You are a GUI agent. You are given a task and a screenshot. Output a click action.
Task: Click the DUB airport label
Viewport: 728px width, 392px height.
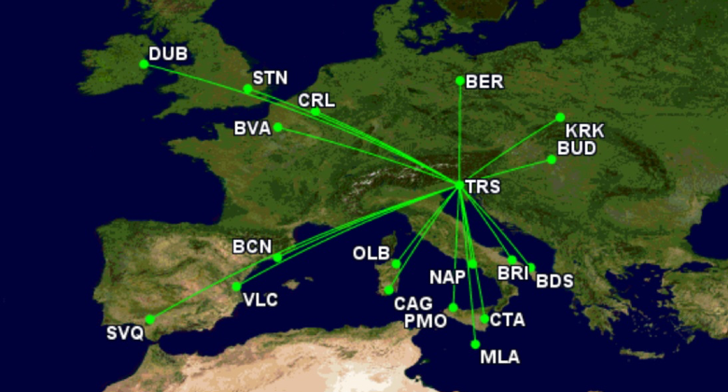pyautogui.click(x=168, y=54)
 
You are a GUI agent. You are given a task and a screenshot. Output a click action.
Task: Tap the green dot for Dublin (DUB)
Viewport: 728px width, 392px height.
pyautogui.click(x=144, y=64)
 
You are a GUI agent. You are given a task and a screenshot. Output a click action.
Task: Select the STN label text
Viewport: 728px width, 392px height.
pyautogui.click(x=271, y=78)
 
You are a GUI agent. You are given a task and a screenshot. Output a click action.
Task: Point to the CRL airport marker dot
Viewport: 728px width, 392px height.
pyautogui.click(x=315, y=112)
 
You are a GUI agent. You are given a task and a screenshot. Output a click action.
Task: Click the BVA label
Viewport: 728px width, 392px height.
pyautogui.click(x=253, y=129)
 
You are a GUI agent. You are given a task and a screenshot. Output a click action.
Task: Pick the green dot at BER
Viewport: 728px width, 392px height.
pyautogui.click(x=460, y=81)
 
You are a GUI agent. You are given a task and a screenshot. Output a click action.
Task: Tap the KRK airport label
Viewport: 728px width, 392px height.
pyautogui.click(x=585, y=131)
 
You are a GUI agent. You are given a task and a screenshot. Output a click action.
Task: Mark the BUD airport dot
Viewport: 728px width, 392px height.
pyautogui.click(x=552, y=160)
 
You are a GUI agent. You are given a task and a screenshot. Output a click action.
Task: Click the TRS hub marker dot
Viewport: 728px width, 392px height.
pyautogui.click(x=460, y=186)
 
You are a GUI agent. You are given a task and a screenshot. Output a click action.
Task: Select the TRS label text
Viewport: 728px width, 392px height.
pyautogui.click(x=483, y=188)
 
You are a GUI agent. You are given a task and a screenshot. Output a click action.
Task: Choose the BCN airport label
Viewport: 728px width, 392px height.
pyautogui.click(x=252, y=247)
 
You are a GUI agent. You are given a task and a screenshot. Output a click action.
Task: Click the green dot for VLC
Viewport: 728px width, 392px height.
pyautogui.click(x=237, y=287)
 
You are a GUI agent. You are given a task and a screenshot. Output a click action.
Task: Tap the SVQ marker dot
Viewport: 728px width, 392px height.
pyautogui.click(x=149, y=320)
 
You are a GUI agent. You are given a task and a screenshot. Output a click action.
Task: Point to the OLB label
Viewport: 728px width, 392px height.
pyautogui.click(x=371, y=254)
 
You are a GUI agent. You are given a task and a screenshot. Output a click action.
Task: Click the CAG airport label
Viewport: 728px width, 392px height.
pyautogui.click(x=413, y=303)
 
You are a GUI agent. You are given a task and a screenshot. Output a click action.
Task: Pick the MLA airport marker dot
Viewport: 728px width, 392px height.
pyautogui.click(x=476, y=344)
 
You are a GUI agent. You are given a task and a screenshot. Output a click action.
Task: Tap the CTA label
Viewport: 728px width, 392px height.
pyautogui.click(x=508, y=320)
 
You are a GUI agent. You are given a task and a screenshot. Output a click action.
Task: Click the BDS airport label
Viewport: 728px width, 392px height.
pyautogui.click(x=554, y=281)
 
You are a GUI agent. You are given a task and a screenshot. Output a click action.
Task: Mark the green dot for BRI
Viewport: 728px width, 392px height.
pyautogui.click(x=512, y=260)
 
